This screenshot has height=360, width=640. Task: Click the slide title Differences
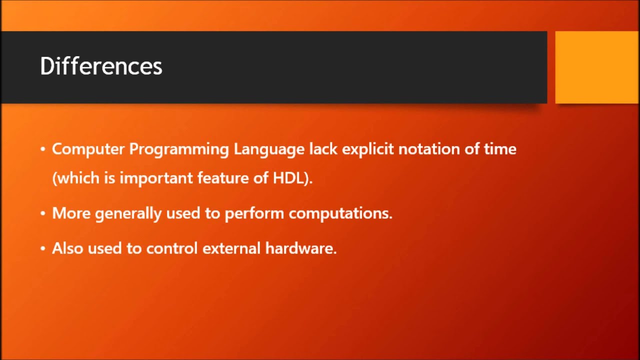(101, 66)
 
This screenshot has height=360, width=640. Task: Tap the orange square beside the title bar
(596, 67)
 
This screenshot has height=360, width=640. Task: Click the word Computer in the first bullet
(88, 149)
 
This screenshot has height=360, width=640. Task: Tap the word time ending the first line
(499, 149)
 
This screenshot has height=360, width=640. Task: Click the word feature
(221, 178)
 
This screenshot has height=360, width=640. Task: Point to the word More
(71, 213)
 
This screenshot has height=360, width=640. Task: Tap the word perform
(254, 213)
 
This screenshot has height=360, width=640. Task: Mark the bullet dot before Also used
(43, 248)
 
